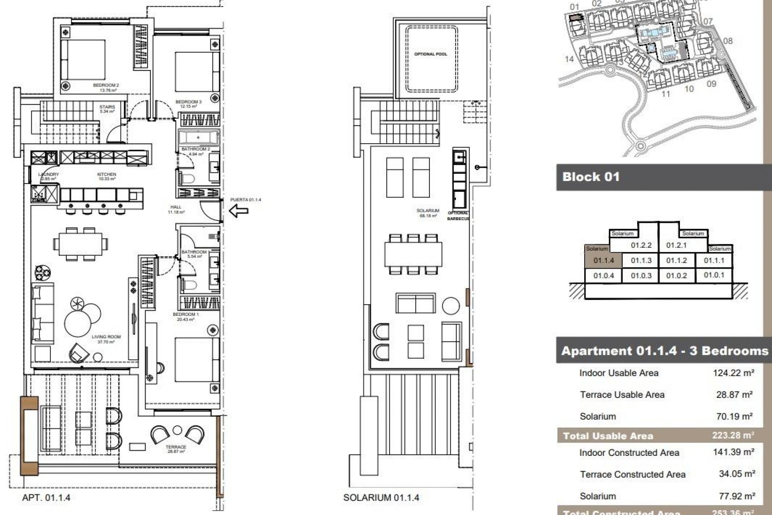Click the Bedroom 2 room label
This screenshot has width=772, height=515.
pos(106,85)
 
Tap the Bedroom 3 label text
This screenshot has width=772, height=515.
pos(188,102)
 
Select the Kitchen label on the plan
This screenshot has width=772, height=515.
pos(107,175)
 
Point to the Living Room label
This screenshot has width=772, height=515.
pos(106,337)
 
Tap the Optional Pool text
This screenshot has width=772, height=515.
pos(431,54)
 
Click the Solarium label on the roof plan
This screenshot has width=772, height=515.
pos(428,211)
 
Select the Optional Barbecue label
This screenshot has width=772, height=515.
pos(458,216)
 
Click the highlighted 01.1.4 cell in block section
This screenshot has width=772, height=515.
pos(604,261)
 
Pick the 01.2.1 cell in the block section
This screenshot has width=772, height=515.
pos(676,245)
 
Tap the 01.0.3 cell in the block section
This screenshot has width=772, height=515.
pos(641,276)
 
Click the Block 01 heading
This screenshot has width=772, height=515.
pos(591,177)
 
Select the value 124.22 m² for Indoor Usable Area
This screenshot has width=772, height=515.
pos(733,373)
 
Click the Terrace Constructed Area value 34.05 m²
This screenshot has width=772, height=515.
pos(737,474)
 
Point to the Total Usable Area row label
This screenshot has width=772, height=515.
pos(608,436)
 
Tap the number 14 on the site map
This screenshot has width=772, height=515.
pos(569,59)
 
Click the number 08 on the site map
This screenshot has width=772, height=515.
pos(727,41)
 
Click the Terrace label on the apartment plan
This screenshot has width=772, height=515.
pos(176,447)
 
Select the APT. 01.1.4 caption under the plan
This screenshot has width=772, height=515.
pos(46,498)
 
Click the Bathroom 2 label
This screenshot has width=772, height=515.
pos(195,149)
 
